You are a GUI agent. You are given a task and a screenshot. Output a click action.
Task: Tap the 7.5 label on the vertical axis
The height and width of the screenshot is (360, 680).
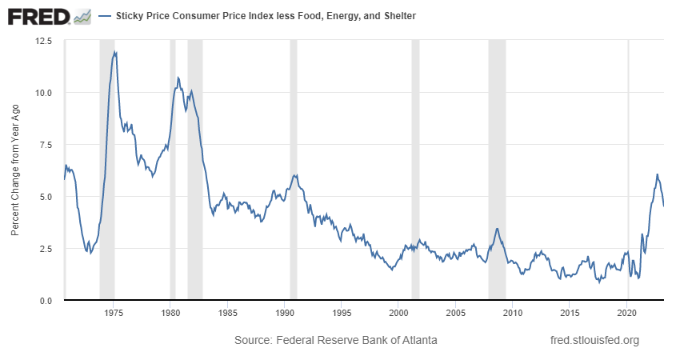click(x=45, y=144)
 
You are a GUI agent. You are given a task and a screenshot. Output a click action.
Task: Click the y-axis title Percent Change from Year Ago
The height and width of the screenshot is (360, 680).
click(x=15, y=170)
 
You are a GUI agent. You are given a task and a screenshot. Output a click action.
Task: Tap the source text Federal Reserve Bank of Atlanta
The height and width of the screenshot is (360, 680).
click(x=335, y=341)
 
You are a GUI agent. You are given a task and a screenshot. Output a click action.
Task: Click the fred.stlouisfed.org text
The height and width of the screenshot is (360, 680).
click(x=595, y=341)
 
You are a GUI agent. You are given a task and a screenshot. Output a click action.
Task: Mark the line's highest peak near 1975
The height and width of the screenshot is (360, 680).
click(x=116, y=52)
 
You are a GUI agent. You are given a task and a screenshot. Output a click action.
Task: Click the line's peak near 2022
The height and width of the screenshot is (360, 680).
click(x=657, y=174)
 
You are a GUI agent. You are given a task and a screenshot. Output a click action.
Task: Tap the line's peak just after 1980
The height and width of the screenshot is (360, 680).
click(x=178, y=78)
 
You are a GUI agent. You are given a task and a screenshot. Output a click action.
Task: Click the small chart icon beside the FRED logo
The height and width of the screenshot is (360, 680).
click(x=82, y=16)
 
